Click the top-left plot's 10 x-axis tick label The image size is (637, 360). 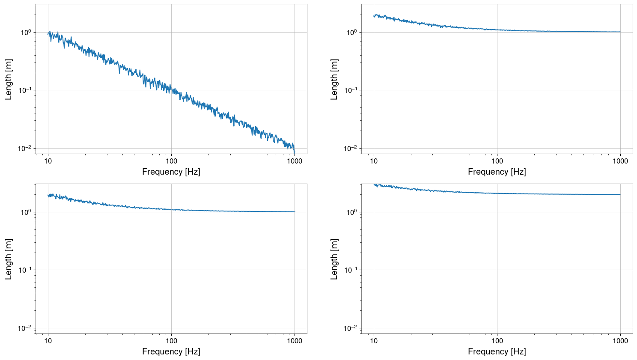click(x=48, y=161)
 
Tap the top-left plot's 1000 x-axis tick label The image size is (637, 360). click(x=295, y=161)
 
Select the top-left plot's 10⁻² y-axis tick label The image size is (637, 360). click(x=24, y=149)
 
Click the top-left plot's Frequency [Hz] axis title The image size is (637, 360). click(x=171, y=172)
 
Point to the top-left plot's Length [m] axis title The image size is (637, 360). click(x=9, y=79)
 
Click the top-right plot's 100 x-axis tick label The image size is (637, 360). click(x=497, y=161)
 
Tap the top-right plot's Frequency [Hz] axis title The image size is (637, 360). click(x=497, y=172)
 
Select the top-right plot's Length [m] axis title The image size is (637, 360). click(x=334, y=79)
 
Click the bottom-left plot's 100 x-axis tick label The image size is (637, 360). click(x=171, y=341)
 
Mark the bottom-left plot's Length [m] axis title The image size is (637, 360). click(x=9, y=259)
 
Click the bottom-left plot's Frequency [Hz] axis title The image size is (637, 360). click(x=171, y=351)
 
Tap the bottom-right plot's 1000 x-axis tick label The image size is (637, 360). click(x=620, y=341)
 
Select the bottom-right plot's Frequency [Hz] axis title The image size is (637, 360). click(x=497, y=351)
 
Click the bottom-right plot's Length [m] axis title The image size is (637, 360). click(x=334, y=259)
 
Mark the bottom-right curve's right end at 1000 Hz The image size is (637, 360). click(x=620, y=194)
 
